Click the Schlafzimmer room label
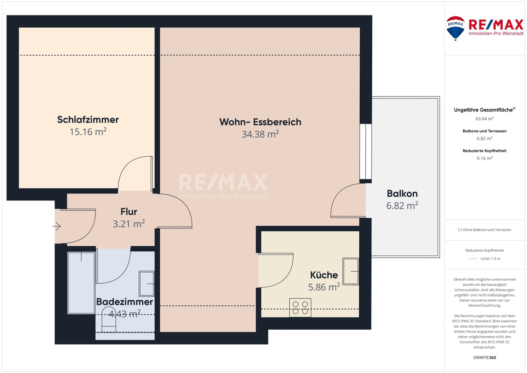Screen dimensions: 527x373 (88, 119)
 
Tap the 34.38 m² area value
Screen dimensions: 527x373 (260, 134)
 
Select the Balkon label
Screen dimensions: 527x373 (402, 193)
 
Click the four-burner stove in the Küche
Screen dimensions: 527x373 (300, 308)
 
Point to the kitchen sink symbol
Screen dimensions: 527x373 (350, 271)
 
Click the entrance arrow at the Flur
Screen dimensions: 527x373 (56, 226)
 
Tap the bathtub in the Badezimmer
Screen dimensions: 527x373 (81, 283)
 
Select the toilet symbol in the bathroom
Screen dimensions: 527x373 (109, 317)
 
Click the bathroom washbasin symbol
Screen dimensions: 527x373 (146, 284)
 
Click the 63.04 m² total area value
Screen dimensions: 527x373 (484, 118)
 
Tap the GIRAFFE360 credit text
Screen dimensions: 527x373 (484, 358)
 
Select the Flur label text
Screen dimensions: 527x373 (129, 212)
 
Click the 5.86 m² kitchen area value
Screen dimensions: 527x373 (324, 287)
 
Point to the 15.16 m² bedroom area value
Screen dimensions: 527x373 (88, 131)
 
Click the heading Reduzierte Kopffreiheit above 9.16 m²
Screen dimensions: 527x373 (484, 151)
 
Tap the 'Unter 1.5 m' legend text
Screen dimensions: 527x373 (490, 259)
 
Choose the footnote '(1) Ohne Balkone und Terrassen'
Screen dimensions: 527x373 (484, 230)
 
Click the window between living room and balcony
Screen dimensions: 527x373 (366, 152)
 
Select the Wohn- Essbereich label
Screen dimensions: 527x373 (260, 122)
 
